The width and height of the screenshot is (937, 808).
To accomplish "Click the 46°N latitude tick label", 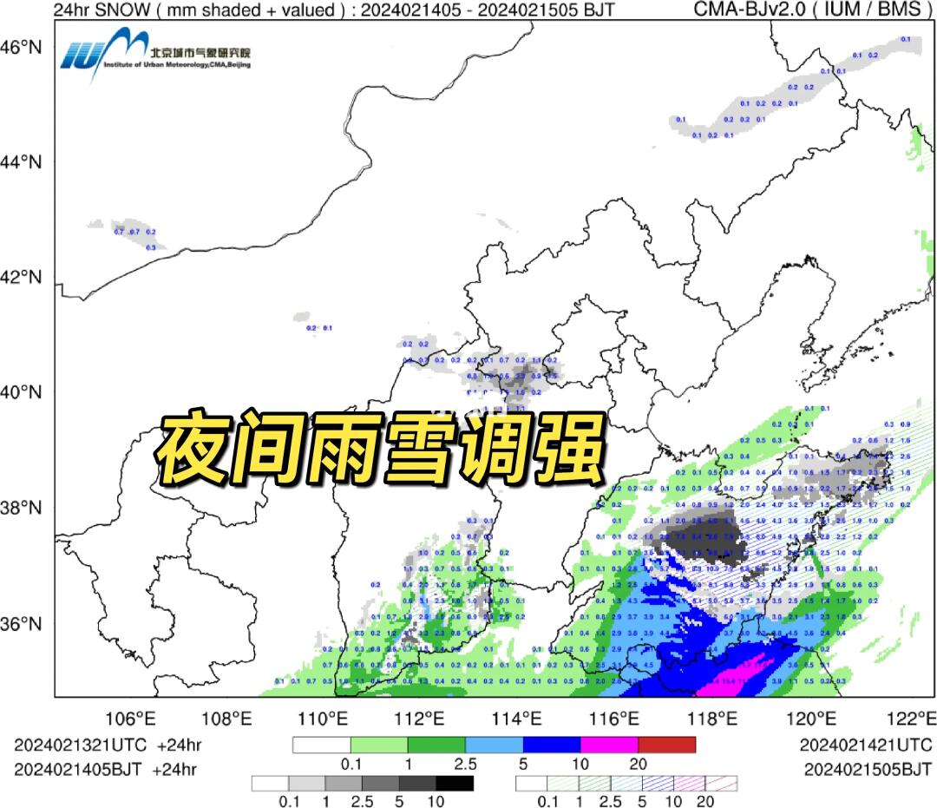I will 25,47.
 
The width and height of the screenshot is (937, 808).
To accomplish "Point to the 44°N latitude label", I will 25,162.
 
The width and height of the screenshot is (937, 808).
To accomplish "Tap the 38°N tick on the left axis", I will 25,508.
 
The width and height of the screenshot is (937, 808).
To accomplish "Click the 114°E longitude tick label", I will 524,719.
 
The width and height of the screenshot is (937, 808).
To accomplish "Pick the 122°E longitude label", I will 914,719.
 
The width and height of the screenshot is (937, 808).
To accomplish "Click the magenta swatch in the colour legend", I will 609,745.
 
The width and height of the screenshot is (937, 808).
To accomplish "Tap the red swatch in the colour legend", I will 666,745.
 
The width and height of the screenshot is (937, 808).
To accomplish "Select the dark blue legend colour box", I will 552,745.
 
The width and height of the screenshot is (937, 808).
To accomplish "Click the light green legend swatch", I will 379,745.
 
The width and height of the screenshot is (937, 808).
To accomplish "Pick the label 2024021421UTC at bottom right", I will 865,745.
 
